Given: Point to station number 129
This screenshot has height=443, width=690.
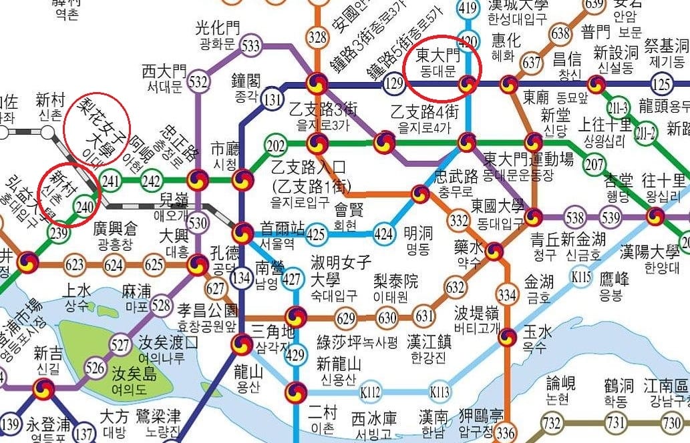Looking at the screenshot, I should click(394, 84).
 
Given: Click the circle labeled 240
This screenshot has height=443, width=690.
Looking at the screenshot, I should click(85, 206).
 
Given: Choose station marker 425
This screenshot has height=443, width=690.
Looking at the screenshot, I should click(316, 234).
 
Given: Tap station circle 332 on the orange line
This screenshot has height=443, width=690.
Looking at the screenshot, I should click(459, 220).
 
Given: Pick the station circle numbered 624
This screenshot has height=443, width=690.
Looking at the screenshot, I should click(114, 265).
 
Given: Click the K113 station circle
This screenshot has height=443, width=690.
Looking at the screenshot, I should click(440, 392).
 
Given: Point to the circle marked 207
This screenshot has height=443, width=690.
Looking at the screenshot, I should click(594, 164).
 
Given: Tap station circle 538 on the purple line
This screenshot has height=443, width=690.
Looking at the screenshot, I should click(574, 217).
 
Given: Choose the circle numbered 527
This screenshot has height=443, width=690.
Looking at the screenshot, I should click(120, 345).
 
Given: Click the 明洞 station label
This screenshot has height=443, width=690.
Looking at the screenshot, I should click(418, 242).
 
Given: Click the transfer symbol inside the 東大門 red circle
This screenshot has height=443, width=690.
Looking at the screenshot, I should click(468, 84).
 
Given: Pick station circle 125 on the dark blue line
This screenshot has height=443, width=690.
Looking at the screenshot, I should click(662, 84).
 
